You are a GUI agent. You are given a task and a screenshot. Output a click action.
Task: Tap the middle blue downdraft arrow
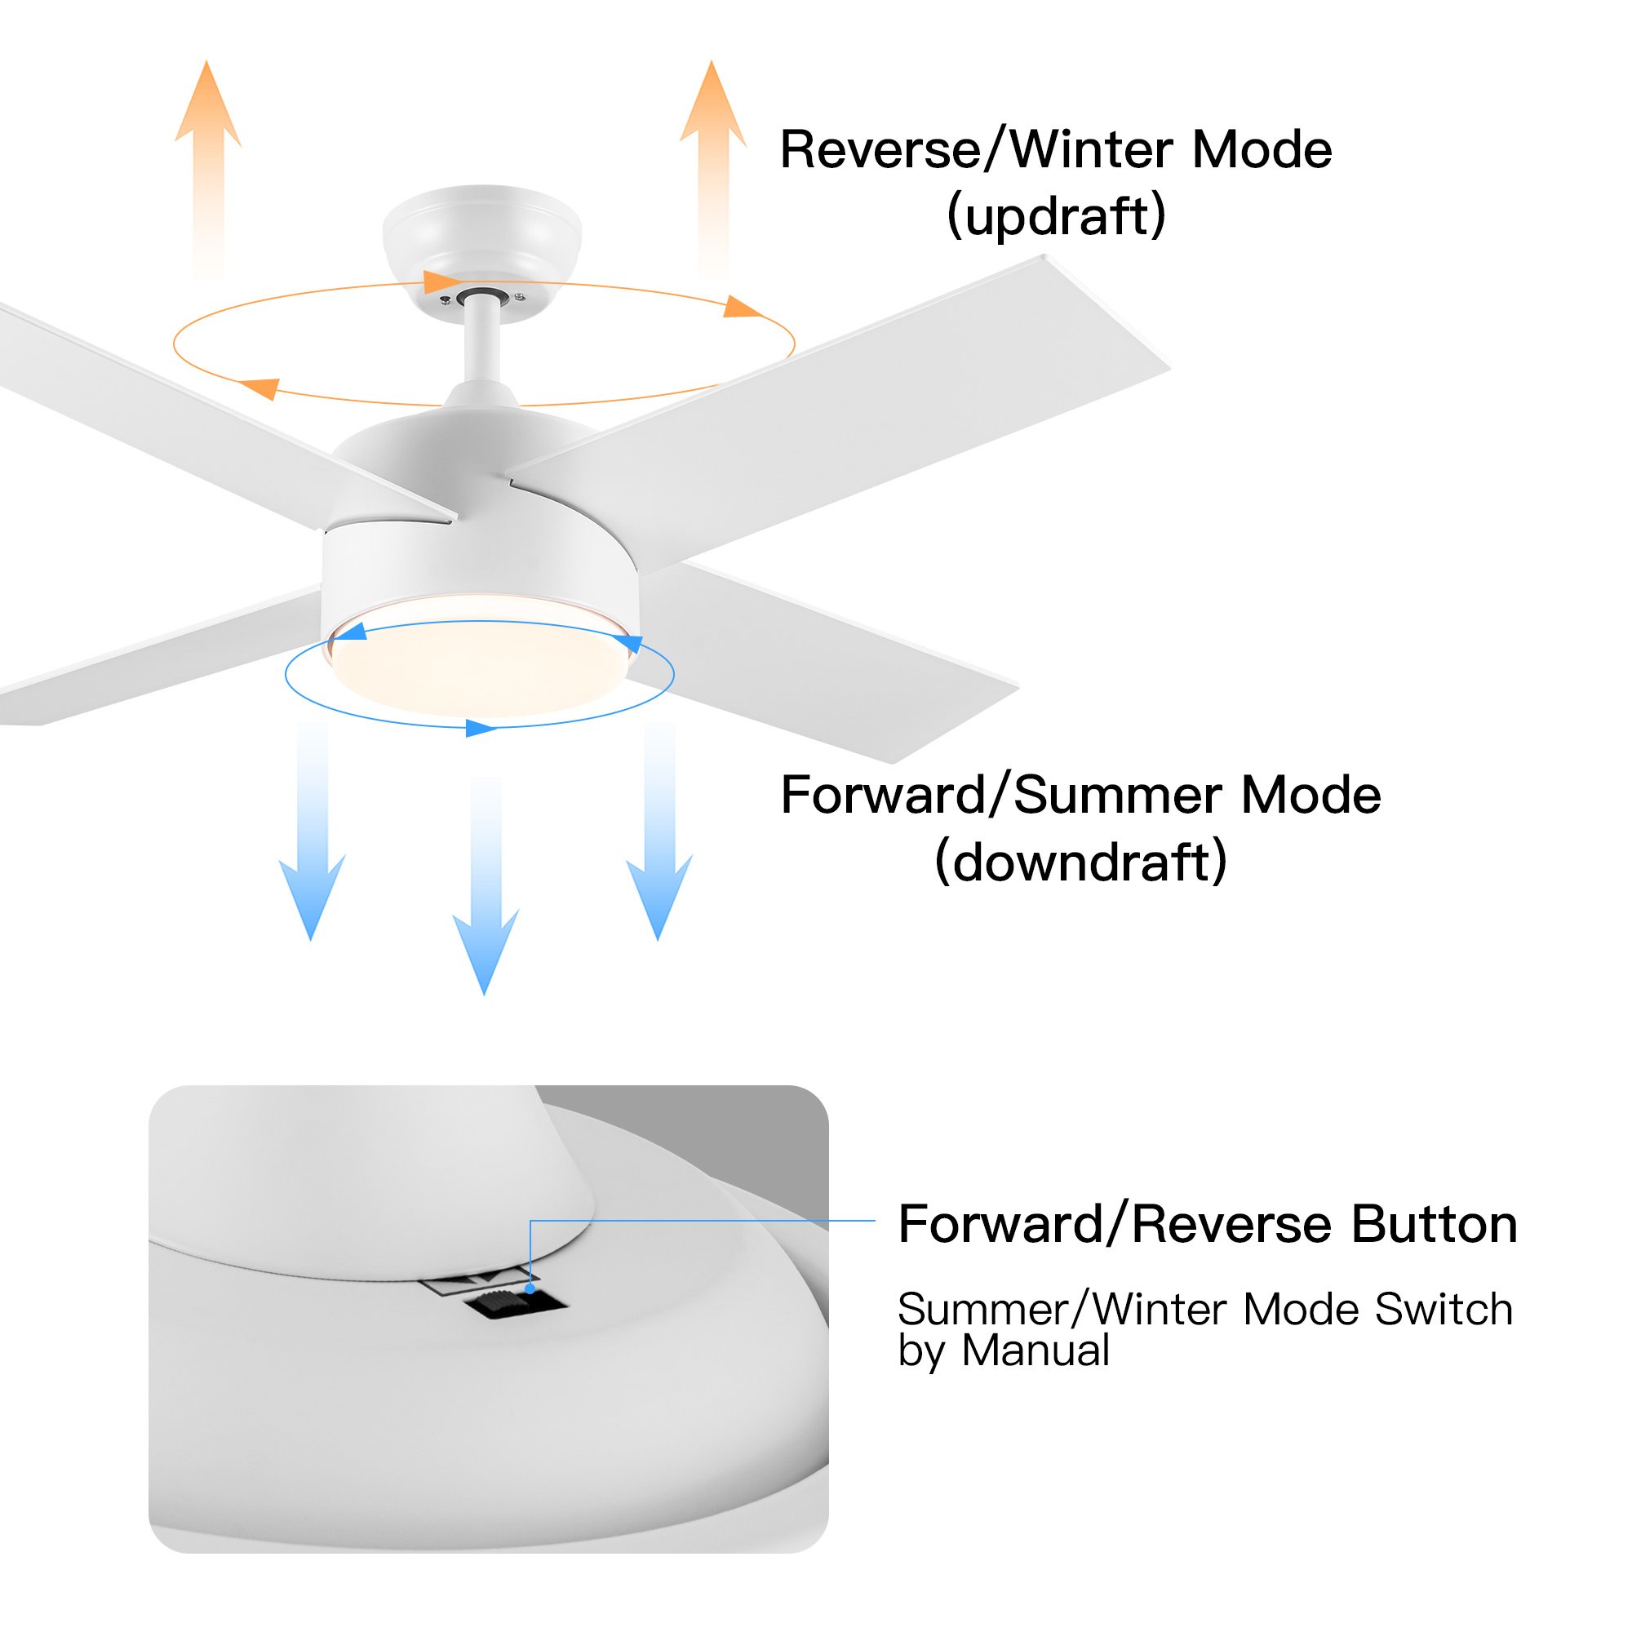pyautogui.click(x=486, y=895)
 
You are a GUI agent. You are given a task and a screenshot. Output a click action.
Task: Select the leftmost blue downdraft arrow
pyautogui.click(x=313, y=845)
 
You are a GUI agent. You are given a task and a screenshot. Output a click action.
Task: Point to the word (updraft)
pyautogui.click(x=1056, y=216)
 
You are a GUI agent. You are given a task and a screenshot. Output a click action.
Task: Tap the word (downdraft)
pyautogui.click(x=1080, y=863)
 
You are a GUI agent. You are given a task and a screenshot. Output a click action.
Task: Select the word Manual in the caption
pyautogui.click(x=1036, y=1350)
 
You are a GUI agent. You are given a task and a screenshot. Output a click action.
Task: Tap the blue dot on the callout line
pyautogui.click(x=530, y=1289)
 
